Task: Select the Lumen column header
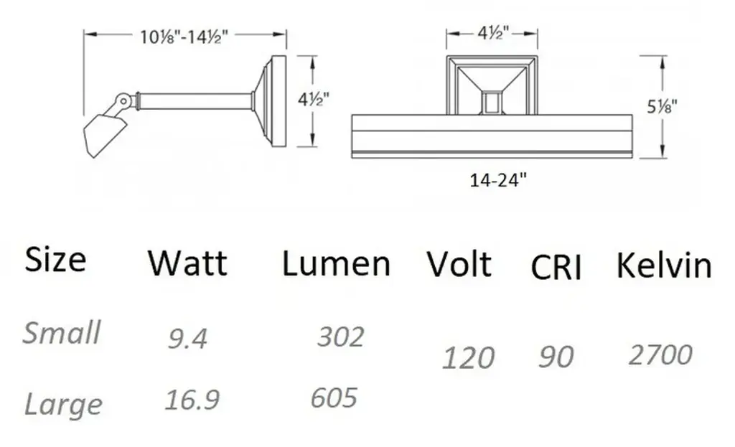tap(336, 264)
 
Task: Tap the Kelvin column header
tap(664, 265)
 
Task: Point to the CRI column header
tap(556, 268)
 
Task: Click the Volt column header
tap(459, 264)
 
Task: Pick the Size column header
tap(55, 260)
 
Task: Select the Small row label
tap(62, 332)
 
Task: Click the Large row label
tap(63, 405)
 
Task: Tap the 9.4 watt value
tap(187, 338)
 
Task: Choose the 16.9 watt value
tap(192, 400)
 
